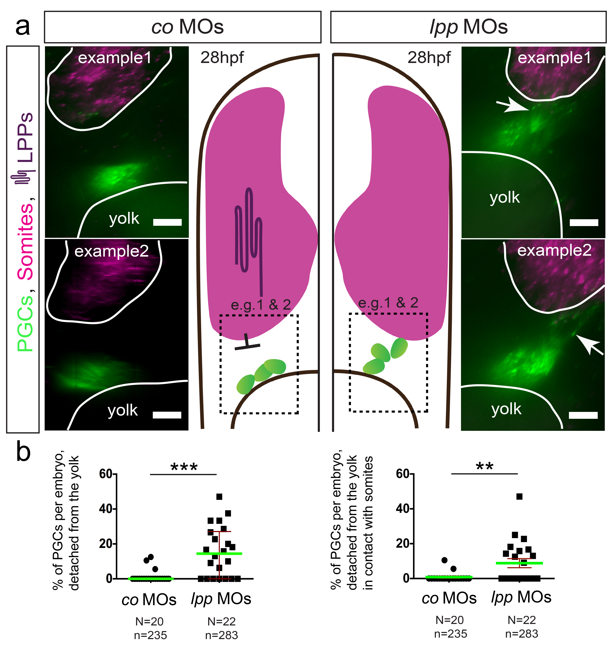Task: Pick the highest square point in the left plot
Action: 219,496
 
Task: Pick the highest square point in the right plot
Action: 519,496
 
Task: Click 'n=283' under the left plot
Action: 221,635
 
